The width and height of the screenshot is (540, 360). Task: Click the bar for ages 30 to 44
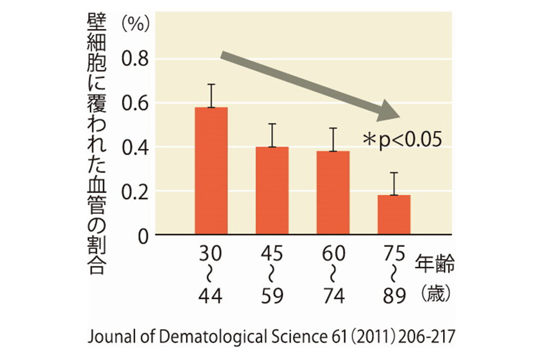(x=211, y=170)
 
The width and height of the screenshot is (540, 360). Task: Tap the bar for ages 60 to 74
(x=333, y=192)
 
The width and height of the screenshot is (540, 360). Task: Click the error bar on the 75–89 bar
(x=394, y=183)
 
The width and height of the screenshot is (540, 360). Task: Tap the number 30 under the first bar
(x=211, y=254)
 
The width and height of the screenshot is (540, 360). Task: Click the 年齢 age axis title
(x=435, y=263)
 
